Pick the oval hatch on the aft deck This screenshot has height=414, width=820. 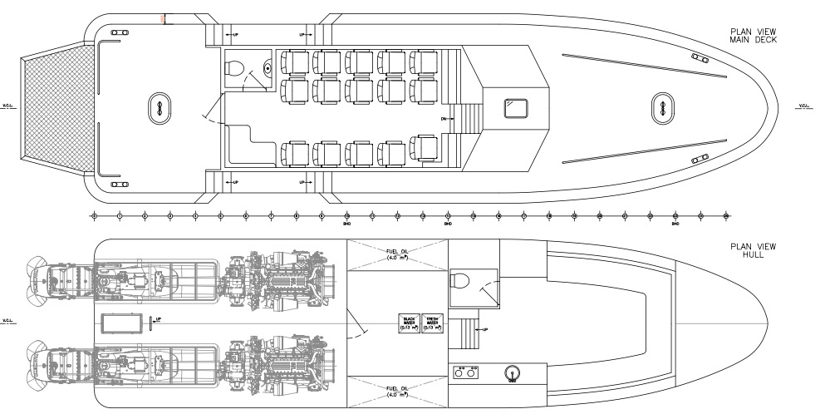156,106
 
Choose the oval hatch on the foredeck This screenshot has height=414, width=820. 663,105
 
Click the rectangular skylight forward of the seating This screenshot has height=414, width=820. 517,107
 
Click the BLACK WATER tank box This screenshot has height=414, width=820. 409,323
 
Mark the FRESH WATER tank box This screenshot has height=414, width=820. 433,323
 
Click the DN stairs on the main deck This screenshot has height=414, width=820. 469,117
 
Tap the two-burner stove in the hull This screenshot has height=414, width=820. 466,372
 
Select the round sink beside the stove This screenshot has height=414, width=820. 512,372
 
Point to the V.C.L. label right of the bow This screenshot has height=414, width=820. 804,106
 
